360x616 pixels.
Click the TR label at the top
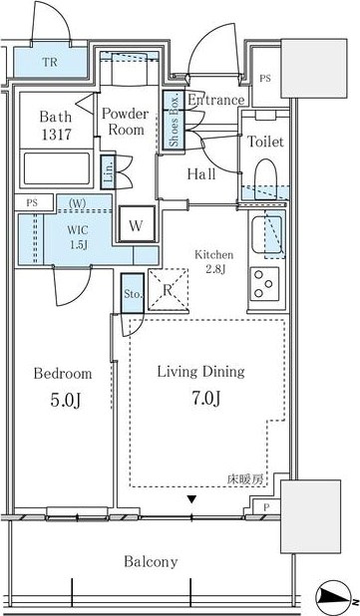click(49, 62)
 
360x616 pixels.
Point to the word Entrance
click(215, 100)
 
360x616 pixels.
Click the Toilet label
click(266, 142)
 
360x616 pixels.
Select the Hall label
click(202, 173)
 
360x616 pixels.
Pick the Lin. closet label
click(108, 169)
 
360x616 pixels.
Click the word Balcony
click(152, 561)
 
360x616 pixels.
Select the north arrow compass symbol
click(334, 598)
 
